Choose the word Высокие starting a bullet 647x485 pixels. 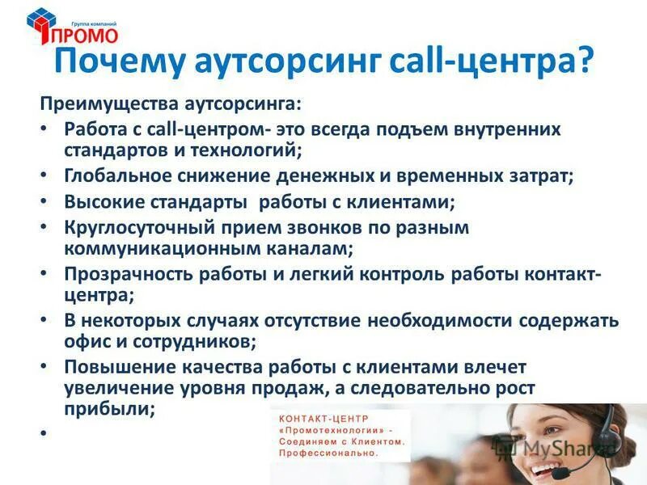[x=100, y=201]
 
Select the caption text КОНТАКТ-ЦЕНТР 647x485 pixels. [x=322, y=418]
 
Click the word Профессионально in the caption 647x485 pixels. [x=328, y=454]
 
